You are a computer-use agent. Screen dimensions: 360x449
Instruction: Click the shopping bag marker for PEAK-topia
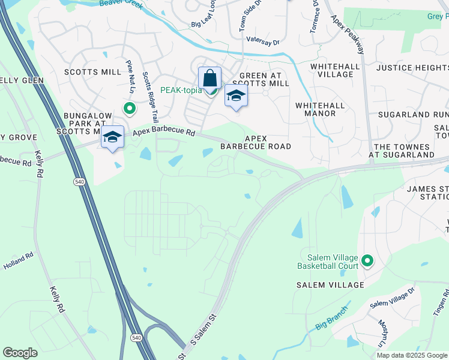coord(209,78)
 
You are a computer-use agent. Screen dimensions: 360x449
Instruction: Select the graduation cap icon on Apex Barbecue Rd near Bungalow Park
coord(112,137)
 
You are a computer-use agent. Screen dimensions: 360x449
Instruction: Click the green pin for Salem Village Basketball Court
coord(367,261)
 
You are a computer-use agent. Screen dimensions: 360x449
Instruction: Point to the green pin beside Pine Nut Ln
coord(128,109)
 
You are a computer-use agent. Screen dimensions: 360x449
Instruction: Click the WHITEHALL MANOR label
coord(320,109)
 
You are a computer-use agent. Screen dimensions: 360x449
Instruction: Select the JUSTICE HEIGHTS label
coord(412,68)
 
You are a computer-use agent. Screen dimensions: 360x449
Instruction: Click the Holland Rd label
coord(18,260)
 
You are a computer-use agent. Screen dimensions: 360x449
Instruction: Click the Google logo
coord(20,353)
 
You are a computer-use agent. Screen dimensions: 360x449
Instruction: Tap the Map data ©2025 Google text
coord(411,355)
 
